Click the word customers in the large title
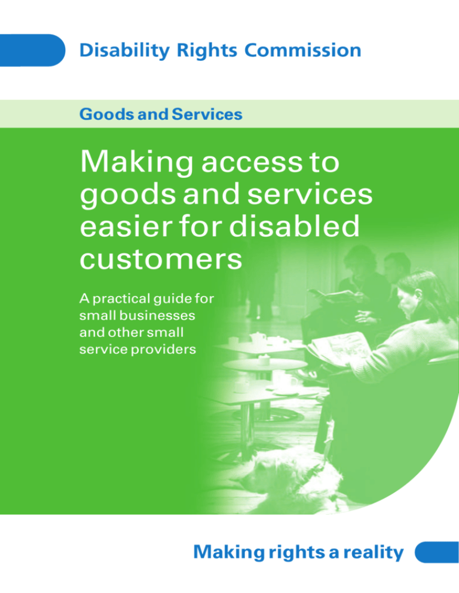tap(160, 261)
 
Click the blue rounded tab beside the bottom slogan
tap(436, 552)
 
